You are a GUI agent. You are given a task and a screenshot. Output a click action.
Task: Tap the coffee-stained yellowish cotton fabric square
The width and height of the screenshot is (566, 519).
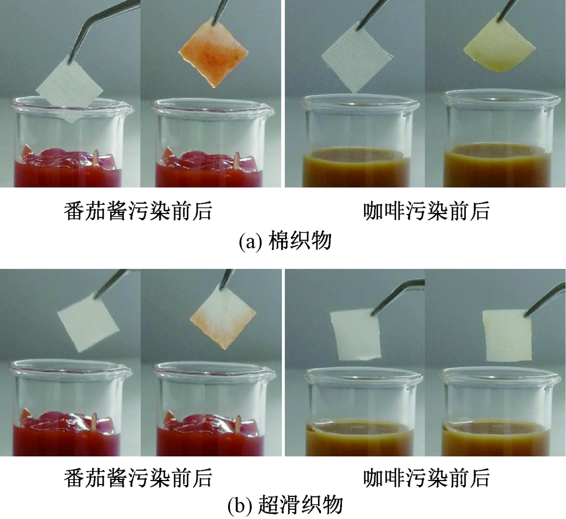499,44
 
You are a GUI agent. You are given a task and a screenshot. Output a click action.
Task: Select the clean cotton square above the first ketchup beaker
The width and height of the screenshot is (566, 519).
70,87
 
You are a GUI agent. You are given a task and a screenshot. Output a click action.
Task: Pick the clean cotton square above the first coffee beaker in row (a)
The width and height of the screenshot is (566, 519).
355,59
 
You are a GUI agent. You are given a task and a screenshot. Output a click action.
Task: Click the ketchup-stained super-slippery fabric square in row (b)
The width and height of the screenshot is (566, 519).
223,318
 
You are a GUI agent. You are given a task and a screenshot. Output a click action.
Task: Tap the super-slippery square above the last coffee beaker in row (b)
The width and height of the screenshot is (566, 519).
508,336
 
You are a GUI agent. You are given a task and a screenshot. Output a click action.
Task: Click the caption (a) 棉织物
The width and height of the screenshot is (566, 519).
285,241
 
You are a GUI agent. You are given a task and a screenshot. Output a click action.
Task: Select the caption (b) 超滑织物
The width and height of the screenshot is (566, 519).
285,504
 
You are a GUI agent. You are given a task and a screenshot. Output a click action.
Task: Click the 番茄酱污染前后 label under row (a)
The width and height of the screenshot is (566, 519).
138,211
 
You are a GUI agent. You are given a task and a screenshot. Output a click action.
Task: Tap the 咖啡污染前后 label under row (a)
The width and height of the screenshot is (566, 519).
426,211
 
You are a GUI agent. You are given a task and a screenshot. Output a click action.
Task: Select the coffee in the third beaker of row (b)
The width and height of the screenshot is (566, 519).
359,438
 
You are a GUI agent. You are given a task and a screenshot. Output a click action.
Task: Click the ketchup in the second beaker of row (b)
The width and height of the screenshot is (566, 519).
211,435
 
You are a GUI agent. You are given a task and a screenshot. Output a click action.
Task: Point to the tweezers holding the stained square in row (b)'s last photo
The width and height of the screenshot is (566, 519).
545,299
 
